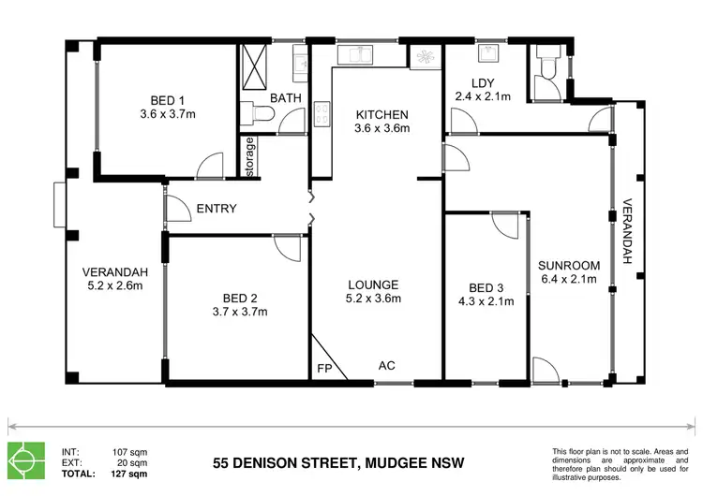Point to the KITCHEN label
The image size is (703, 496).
point(381,116)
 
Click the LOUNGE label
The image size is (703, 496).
point(374,284)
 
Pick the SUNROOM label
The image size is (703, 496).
point(567,264)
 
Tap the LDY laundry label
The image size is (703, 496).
point(484,81)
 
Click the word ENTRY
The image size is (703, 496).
point(217,209)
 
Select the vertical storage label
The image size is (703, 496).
point(250,155)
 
